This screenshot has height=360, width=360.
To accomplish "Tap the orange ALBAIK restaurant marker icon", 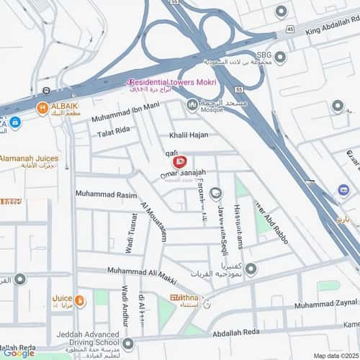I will pos(42,109).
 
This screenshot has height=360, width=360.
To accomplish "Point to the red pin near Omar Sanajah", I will pos(181,162).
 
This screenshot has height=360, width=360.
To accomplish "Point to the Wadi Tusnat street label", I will pos(132,228).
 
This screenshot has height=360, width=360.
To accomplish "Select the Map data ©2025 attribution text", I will pos(334,356).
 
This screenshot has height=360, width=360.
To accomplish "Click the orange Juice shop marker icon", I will pos(80,299).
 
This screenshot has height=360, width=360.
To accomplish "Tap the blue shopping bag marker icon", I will pos(343,190).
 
